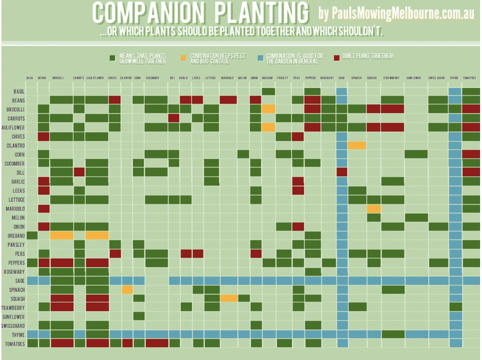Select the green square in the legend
pos(113,58)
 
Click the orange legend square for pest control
pos(184,58)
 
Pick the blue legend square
pos(259,58)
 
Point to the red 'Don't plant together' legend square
pos(336,57)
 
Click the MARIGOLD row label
pos(14,209)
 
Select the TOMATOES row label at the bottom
pos(14,343)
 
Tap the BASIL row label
pos(19,91)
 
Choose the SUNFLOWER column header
pos(413,78)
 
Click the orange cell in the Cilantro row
pos(357,145)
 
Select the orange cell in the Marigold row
pos(373,209)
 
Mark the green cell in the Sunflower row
pos(139,316)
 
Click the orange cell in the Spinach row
pos(127,289)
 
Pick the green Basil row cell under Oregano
pos(268,91)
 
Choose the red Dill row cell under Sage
pos(342,172)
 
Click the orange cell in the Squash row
pos(229,298)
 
